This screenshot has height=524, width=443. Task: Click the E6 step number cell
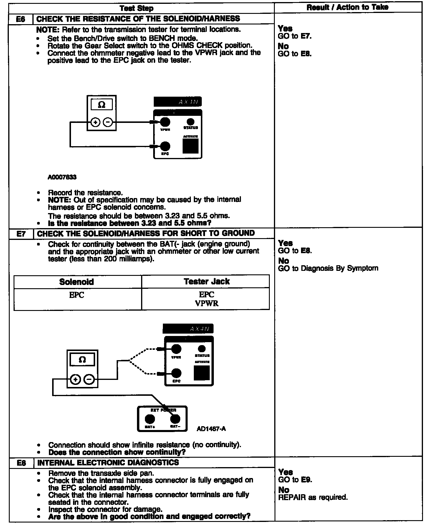tap(21, 19)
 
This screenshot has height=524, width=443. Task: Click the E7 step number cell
tap(21, 234)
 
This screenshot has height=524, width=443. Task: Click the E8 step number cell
tap(22, 463)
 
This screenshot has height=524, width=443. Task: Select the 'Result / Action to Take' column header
tap(348, 7)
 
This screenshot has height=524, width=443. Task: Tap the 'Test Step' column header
tap(137, 8)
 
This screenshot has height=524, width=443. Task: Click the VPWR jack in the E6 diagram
tap(165, 122)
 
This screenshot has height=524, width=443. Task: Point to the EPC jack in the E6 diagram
tap(165, 146)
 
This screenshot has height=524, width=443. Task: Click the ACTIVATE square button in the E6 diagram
tap(190, 146)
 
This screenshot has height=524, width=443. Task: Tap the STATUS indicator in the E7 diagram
tap(202, 349)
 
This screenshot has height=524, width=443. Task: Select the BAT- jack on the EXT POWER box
tap(175, 419)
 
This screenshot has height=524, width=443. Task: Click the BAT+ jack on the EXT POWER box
tap(150, 419)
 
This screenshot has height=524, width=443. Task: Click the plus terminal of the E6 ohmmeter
tap(95, 122)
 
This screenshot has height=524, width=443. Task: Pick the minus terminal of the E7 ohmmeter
tap(89, 379)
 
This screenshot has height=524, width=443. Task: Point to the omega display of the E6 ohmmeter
tap(102, 105)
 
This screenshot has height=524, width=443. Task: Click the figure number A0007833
tap(62, 177)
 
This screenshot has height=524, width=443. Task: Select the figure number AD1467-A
tap(211, 429)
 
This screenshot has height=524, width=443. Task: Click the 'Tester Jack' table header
tap(206, 281)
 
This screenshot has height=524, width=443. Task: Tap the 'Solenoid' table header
tap(77, 282)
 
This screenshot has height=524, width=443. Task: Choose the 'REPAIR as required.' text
tap(313, 497)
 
